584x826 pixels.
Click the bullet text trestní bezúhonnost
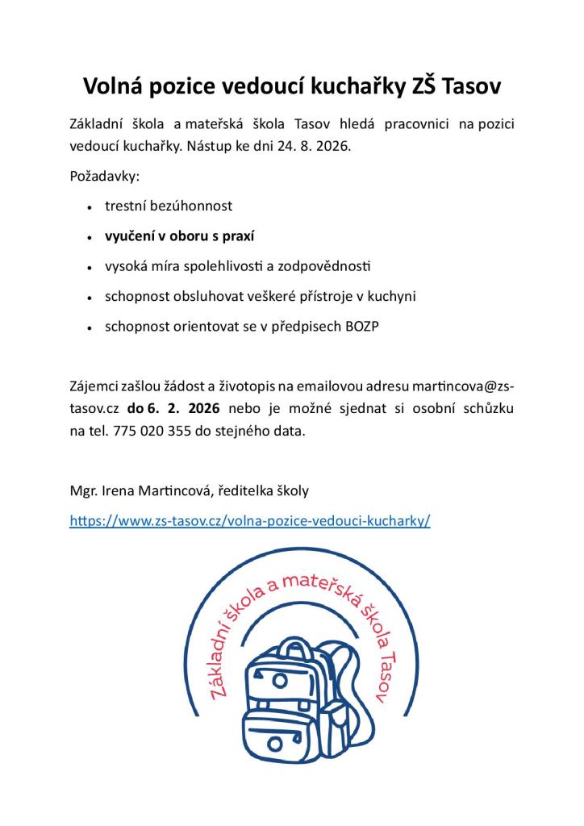(169, 206)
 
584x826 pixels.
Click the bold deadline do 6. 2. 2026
(173, 409)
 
